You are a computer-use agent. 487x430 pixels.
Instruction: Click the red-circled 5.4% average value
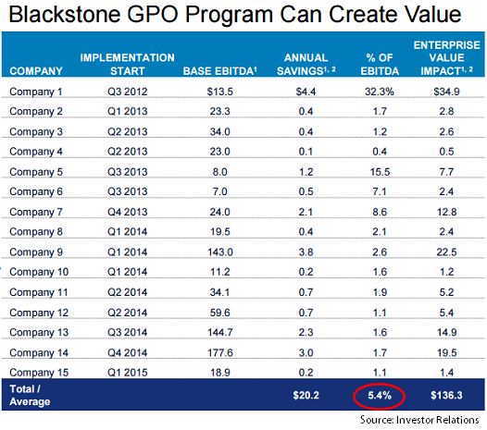coord(380,396)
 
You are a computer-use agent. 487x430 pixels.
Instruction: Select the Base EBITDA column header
coord(220,71)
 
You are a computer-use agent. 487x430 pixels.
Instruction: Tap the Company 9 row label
coord(36,252)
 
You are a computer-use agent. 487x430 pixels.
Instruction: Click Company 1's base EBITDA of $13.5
coord(220,92)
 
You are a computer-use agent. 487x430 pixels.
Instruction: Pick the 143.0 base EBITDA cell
coord(220,252)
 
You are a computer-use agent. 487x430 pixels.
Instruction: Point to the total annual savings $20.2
coord(306,395)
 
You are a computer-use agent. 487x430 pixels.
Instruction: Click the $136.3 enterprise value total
coord(446,395)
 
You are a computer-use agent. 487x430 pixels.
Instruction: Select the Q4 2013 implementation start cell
coord(128,212)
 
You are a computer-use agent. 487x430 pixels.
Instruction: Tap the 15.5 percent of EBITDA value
coord(380,172)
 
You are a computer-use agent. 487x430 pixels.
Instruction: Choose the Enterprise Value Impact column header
coord(446,58)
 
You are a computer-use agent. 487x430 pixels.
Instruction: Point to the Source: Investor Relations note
coord(419,420)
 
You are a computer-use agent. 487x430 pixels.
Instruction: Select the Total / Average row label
coord(30,395)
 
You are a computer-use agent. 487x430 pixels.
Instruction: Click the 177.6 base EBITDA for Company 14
coord(220,352)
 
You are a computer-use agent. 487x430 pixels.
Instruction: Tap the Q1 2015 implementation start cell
coord(128,373)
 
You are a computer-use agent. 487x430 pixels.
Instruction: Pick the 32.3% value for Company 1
coord(380,92)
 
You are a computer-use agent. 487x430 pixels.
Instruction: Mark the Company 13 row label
coord(39,332)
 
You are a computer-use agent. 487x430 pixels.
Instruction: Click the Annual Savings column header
coord(306,65)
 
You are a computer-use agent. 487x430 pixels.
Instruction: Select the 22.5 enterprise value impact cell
coord(446,252)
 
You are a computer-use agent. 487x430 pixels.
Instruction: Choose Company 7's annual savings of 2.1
coord(306,212)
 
